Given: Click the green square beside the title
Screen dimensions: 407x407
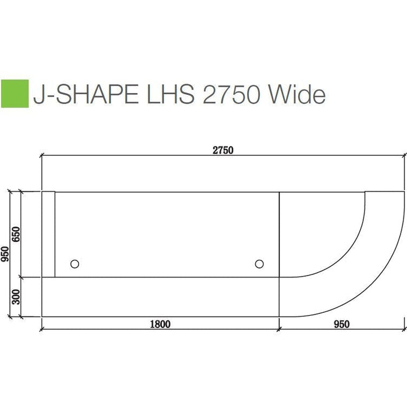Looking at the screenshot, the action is [15, 94].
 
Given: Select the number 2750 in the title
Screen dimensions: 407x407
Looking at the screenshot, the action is [231, 94].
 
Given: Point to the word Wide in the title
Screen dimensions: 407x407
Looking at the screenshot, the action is [297, 94].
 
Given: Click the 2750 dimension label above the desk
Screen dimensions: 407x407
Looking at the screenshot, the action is [223, 150].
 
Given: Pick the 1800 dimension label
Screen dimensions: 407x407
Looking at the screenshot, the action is [160, 324].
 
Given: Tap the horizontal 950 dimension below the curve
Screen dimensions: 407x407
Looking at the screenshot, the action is [342, 324].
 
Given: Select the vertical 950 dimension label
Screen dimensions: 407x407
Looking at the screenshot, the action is [5, 254].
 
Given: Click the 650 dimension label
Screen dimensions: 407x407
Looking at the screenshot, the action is [16, 234].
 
